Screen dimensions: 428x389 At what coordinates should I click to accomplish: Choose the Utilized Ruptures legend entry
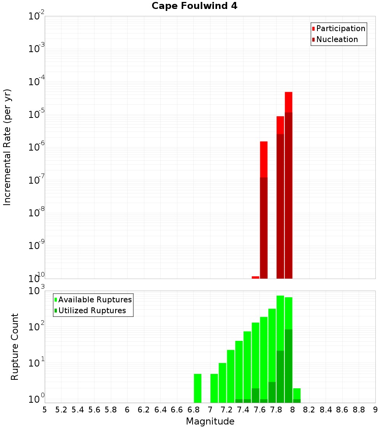coord(91,310)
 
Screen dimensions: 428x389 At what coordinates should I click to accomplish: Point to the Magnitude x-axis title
coord(210,421)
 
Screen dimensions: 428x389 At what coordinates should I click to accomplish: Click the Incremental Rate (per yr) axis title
coord(7,147)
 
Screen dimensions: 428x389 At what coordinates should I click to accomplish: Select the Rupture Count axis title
coord(15,347)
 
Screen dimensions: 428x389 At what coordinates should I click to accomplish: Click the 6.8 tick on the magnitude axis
coord(193,410)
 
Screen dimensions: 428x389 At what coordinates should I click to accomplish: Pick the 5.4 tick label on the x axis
coord(78,410)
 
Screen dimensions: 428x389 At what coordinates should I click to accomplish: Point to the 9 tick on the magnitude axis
coord(375,410)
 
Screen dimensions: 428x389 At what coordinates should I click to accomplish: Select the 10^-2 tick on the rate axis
coord(36,16)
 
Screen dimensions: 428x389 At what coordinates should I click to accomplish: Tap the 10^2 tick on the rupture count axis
coord(36,327)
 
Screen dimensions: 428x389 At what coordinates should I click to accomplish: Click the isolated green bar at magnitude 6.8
coord(198,388)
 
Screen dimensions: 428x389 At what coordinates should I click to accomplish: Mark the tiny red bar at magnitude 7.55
coord(256,277)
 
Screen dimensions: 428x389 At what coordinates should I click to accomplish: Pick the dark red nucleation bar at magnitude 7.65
coord(264,228)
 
